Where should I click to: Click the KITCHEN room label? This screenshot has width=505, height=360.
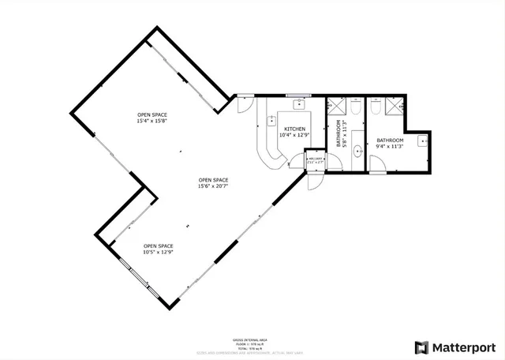tap(294, 128)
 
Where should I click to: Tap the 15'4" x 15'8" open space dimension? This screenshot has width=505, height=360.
tap(151, 121)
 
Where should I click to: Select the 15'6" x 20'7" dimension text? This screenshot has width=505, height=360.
tap(213, 185)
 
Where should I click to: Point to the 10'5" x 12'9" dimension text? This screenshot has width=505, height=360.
tap(158, 252)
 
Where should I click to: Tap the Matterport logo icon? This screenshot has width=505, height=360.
tap(422, 347)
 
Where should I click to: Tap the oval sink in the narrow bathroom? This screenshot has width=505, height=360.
tap(358, 150)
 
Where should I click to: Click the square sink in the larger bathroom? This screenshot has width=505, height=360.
tap(422, 142)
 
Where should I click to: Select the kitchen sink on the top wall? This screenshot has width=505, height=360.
tap(300, 103)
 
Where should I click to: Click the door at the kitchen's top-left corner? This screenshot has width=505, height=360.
tap(244, 102)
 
